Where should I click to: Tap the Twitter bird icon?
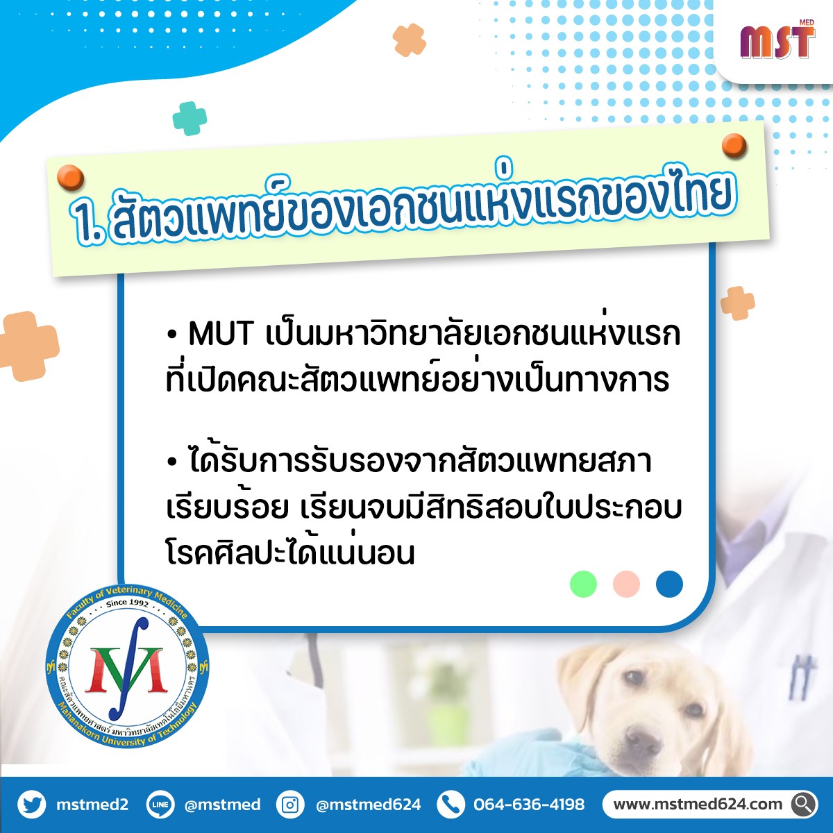click(x=31, y=805)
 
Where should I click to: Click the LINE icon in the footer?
click(x=160, y=805)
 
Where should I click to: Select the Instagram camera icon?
click(x=290, y=805)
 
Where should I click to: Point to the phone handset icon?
click(x=451, y=805)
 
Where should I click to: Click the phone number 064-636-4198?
click(x=529, y=805)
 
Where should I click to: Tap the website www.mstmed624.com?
click(x=698, y=805)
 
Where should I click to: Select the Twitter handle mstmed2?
click(x=92, y=805)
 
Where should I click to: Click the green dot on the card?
click(x=583, y=584)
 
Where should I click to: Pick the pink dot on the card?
click(x=626, y=584)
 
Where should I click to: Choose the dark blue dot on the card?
click(x=669, y=584)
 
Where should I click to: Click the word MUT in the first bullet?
click(x=221, y=334)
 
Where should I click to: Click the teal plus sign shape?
click(x=190, y=118)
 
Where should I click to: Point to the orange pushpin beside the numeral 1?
click(x=70, y=177)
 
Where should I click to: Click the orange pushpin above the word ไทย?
click(x=734, y=146)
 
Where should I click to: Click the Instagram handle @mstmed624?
click(x=369, y=805)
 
